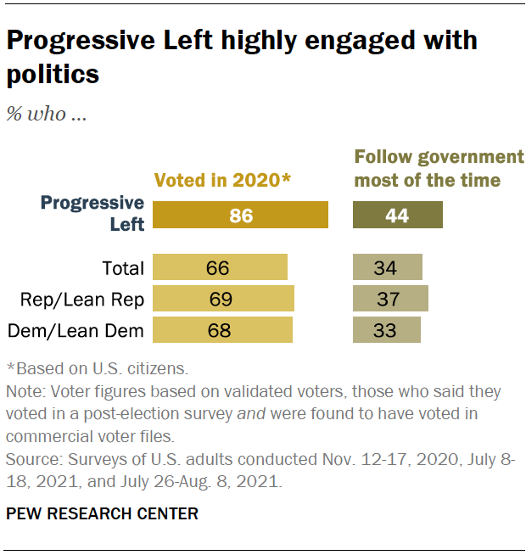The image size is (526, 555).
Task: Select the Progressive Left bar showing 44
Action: tap(397, 215)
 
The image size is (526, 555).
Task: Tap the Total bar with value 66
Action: tap(220, 268)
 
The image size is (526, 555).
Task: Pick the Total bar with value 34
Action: tap(387, 268)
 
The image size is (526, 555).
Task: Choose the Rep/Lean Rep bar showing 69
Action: tap(223, 299)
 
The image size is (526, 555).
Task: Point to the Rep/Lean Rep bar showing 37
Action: tap(390, 299)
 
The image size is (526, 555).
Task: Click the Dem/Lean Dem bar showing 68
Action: tap(222, 329)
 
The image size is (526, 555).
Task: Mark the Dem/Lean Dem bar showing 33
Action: tap(386, 329)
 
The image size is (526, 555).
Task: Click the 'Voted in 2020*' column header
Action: tap(222, 179)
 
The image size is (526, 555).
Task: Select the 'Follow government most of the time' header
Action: tap(439, 168)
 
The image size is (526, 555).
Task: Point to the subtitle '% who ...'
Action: tap(47, 114)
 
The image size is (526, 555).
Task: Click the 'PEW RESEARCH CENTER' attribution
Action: tap(102, 513)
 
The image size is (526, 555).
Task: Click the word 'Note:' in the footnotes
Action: tap(26, 392)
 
